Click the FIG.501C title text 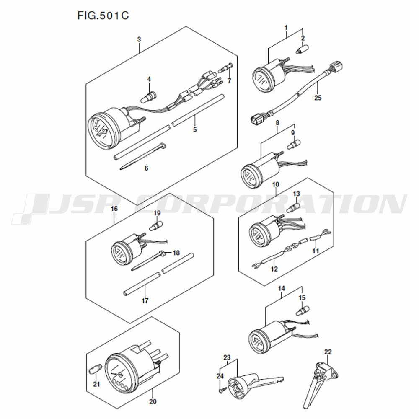tap(103, 16)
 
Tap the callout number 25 tap(318, 98)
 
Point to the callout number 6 tap(146, 168)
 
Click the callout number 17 tap(145, 301)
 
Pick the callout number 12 tap(274, 269)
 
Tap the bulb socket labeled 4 tap(149, 97)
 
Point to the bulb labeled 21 tap(95, 370)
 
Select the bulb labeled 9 tap(294, 145)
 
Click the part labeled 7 tap(226, 67)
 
